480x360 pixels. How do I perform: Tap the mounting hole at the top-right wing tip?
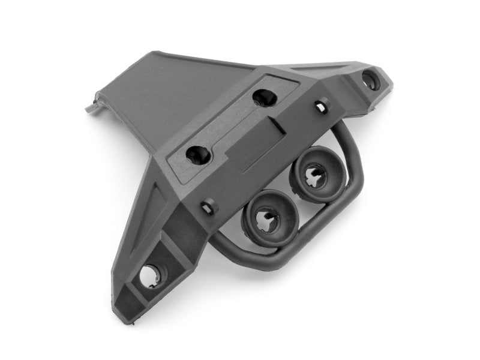370,80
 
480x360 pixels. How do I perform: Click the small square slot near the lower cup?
209,208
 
